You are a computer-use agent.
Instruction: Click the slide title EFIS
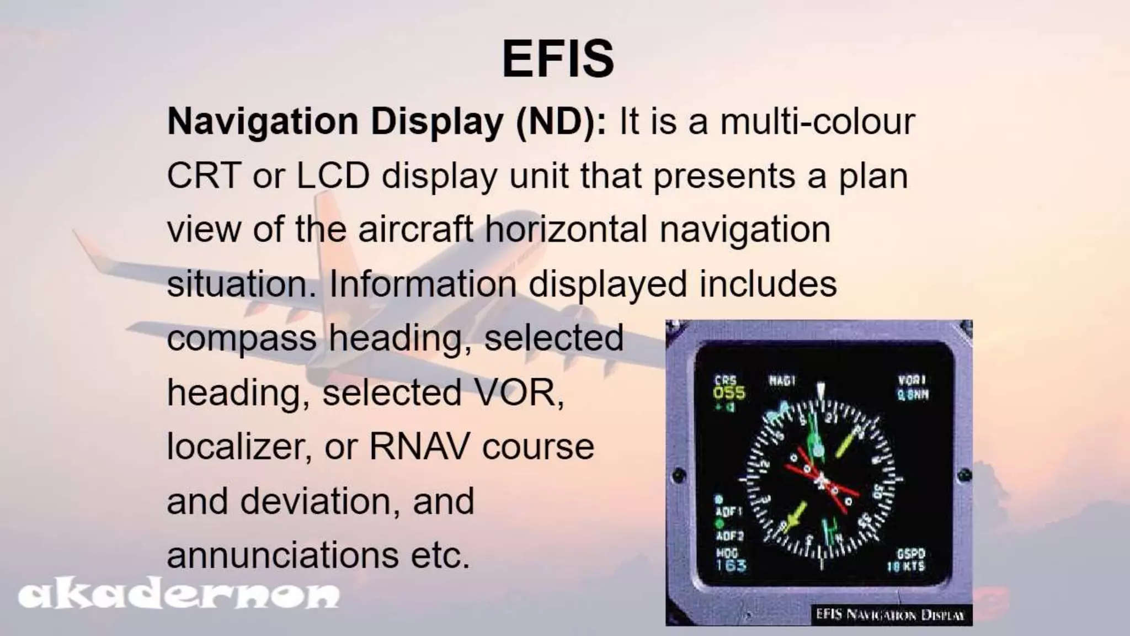(558, 59)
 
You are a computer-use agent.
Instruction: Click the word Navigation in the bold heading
(263, 122)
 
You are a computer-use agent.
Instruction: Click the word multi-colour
(818, 122)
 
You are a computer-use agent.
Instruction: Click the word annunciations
(282, 555)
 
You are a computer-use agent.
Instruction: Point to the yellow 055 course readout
(729, 393)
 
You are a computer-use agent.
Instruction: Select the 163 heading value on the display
(731, 565)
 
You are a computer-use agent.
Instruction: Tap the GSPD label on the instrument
(910, 554)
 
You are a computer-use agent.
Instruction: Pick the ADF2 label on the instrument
(729, 536)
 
